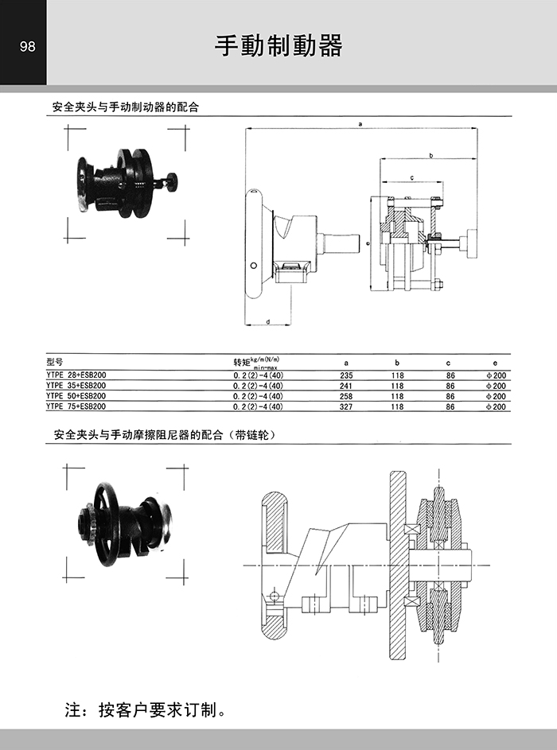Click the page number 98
coord(27,46)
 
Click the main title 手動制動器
coord(278,45)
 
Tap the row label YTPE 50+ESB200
coord(76,396)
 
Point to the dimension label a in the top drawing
coord(360,124)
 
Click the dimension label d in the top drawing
coord(268,321)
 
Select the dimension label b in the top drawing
coord(430,155)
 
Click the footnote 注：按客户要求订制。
coord(146,709)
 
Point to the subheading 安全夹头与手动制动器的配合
coord(125,107)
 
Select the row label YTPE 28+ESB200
coord(76,375)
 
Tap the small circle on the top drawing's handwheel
coord(254,265)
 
